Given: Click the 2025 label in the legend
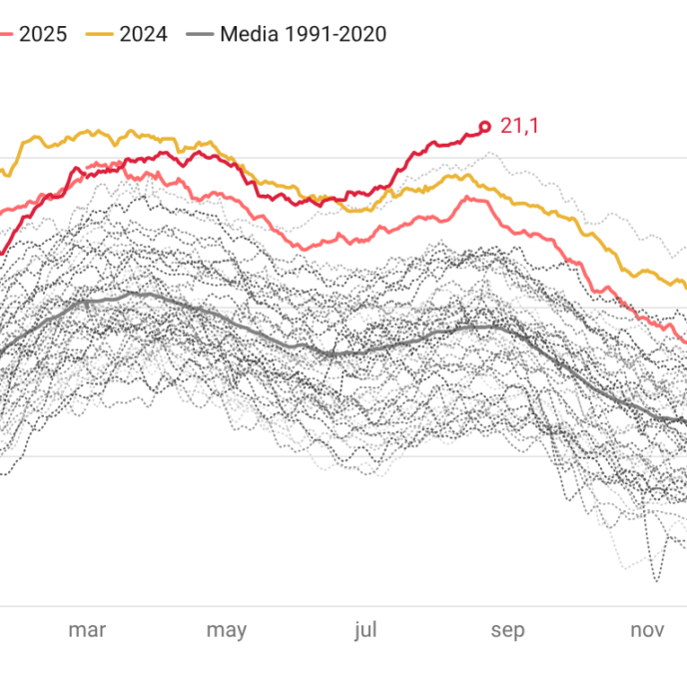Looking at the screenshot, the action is pyautogui.click(x=43, y=34).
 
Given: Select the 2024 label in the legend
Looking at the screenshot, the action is pyautogui.click(x=143, y=34).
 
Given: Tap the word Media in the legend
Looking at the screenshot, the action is pyautogui.click(x=249, y=34).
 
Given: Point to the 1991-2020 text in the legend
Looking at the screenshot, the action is pyautogui.click(x=336, y=34).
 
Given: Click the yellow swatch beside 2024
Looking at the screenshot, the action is pyautogui.click(x=100, y=34).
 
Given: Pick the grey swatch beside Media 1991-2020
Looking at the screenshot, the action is pyautogui.click(x=201, y=34).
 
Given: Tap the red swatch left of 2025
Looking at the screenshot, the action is pyautogui.click(x=6, y=34).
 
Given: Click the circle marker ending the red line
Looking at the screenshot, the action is pyautogui.click(x=484, y=127).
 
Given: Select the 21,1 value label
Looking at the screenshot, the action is pyautogui.click(x=519, y=126).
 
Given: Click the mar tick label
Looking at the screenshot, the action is pyautogui.click(x=87, y=630).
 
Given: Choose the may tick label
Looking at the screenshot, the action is pyautogui.click(x=227, y=631).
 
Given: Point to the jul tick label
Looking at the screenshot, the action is pyautogui.click(x=365, y=630).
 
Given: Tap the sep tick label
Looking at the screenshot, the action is pyautogui.click(x=508, y=631).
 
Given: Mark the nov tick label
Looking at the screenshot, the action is pyautogui.click(x=648, y=630).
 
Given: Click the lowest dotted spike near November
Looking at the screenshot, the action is pyautogui.click(x=656, y=581).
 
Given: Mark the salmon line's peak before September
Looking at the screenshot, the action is pyautogui.click(x=467, y=198).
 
